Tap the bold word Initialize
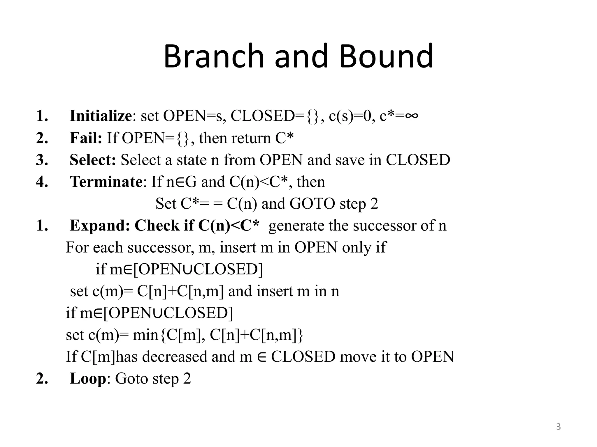click(x=101, y=116)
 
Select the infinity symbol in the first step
click(x=411, y=116)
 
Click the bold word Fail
click(x=86, y=138)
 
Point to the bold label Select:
click(x=93, y=160)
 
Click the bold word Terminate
click(x=106, y=182)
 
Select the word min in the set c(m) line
click(x=145, y=335)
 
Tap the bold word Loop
click(x=88, y=379)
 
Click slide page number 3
click(x=558, y=427)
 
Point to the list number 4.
click(x=41, y=182)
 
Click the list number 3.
click(x=41, y=160)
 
